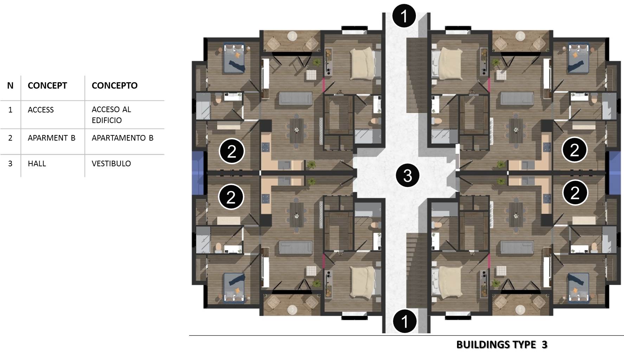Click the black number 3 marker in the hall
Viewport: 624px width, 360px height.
(407, 175)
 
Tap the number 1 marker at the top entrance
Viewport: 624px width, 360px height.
(404, 16)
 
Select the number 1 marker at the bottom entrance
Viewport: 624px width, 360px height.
(404, 321)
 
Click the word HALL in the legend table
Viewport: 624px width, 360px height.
(37, 163)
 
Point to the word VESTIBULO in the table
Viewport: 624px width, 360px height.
(111, 163)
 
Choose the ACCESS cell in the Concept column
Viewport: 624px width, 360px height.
(41, 110)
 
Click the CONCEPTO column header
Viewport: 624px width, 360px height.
(115, 85)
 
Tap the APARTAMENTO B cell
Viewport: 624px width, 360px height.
(122, 138)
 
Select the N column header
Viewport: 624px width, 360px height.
(10, 85)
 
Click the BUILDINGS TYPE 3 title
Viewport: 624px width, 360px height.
(502, 345)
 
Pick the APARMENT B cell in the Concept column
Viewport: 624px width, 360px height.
(52, 138)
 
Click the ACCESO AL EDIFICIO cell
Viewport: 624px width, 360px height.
(111, 115)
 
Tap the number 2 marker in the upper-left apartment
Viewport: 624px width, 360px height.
(232, 151)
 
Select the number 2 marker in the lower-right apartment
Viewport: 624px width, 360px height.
(575, 193)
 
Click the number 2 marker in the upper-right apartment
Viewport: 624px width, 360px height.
(574, 150)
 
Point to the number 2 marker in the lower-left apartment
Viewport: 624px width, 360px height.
(231, 197)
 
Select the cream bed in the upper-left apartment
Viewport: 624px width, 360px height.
(364, 64)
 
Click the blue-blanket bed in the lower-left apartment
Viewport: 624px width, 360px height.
(234, 287)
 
